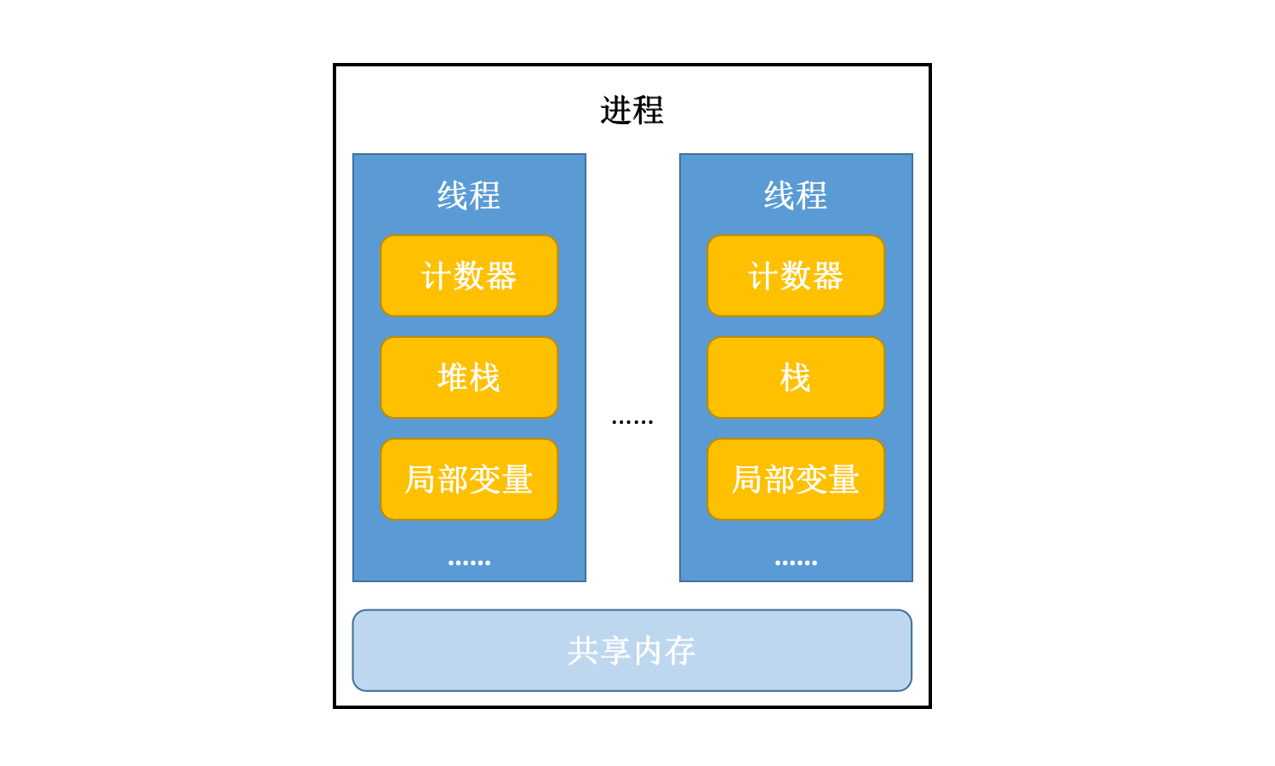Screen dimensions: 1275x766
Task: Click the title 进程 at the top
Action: pos(632,110)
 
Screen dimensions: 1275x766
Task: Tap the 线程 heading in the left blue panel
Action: pos(468,195)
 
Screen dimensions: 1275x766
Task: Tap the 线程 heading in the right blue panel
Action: pos(795,195)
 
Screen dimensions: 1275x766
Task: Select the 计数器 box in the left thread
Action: pos(469,276)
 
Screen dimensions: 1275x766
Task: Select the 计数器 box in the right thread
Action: pos(796,276)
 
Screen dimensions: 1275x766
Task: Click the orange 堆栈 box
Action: pos(469,377)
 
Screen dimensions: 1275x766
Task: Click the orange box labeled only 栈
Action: pos(796,377)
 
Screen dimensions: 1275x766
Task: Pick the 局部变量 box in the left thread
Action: pos(469,479)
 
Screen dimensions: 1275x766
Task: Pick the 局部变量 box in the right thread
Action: pos(796,479)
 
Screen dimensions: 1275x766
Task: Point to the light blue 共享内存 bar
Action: pos(632,650)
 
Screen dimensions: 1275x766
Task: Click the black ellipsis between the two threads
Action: pos(632,421)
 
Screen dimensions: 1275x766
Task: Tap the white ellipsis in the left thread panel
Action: pos(469,563)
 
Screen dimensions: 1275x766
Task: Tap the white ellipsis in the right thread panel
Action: pos(796,563)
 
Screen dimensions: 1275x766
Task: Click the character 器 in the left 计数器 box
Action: pos(501,276)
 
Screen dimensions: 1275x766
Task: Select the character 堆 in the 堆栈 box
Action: pos(453,377)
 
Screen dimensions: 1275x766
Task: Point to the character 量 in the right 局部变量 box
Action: pos(843,479)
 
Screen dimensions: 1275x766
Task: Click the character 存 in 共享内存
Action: pos(679,651)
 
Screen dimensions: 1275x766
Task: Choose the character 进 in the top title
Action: pos(616,110)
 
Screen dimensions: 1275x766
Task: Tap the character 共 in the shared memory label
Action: pos(583,651)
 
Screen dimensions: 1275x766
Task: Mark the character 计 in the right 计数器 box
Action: pos(763,276)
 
